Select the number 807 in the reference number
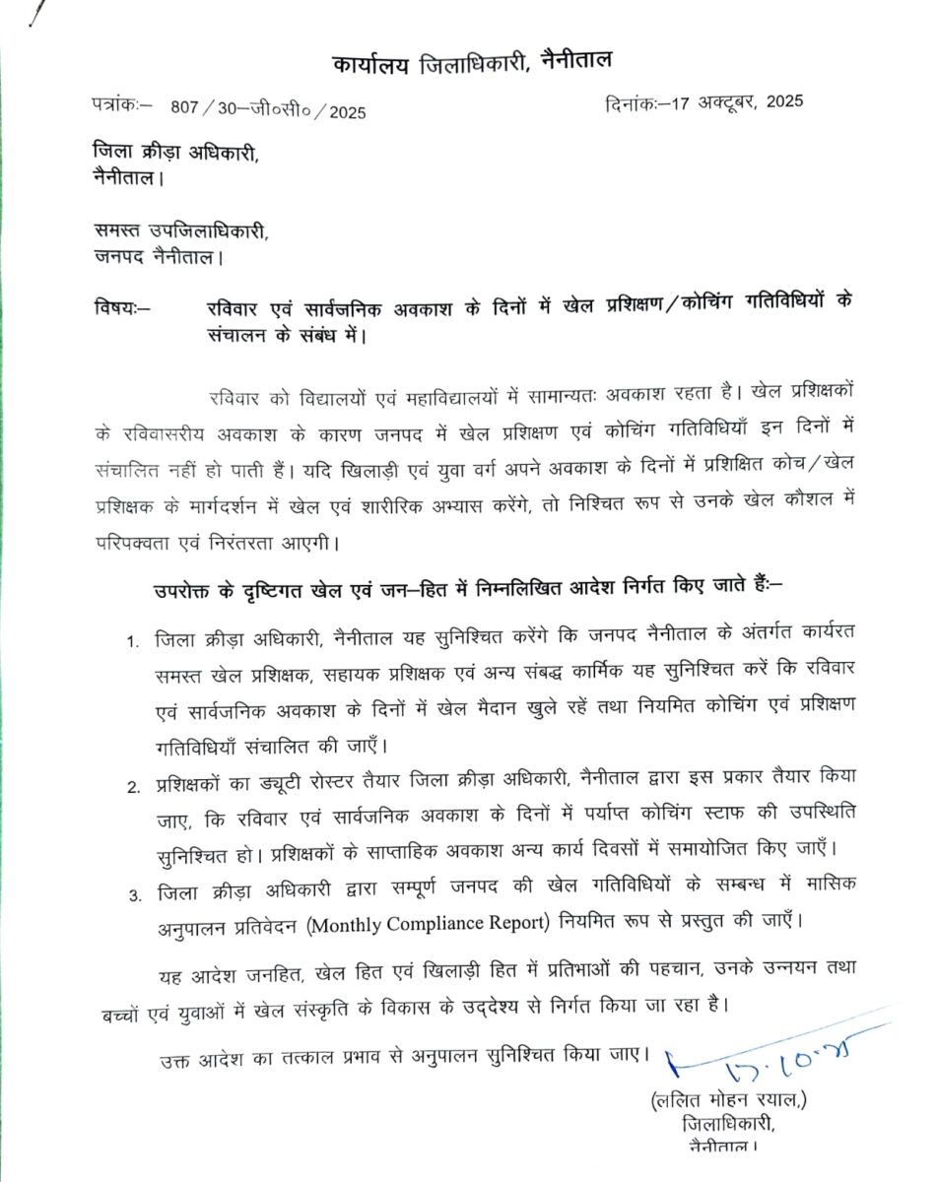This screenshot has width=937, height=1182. [184, 109]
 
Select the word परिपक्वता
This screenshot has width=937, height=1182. [142, 542]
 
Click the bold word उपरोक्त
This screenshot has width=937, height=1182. [187, 590]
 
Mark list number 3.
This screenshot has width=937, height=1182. [132, 894]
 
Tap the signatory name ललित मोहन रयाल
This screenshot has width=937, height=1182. [729, 1099]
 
